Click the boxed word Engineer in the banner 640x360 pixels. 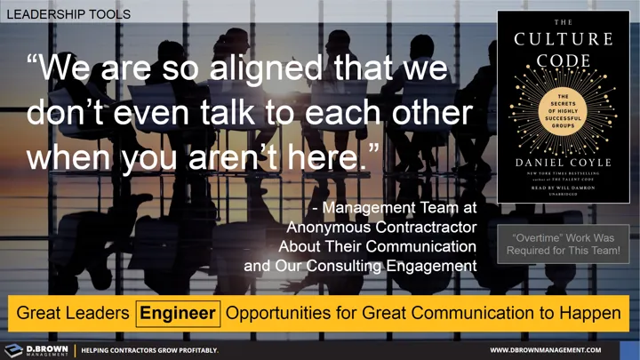tap(178, 313)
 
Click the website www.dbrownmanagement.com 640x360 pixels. tap(558, 350)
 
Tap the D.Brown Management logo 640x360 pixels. tap(36, 350)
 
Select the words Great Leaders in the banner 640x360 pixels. tap(72, 313)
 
